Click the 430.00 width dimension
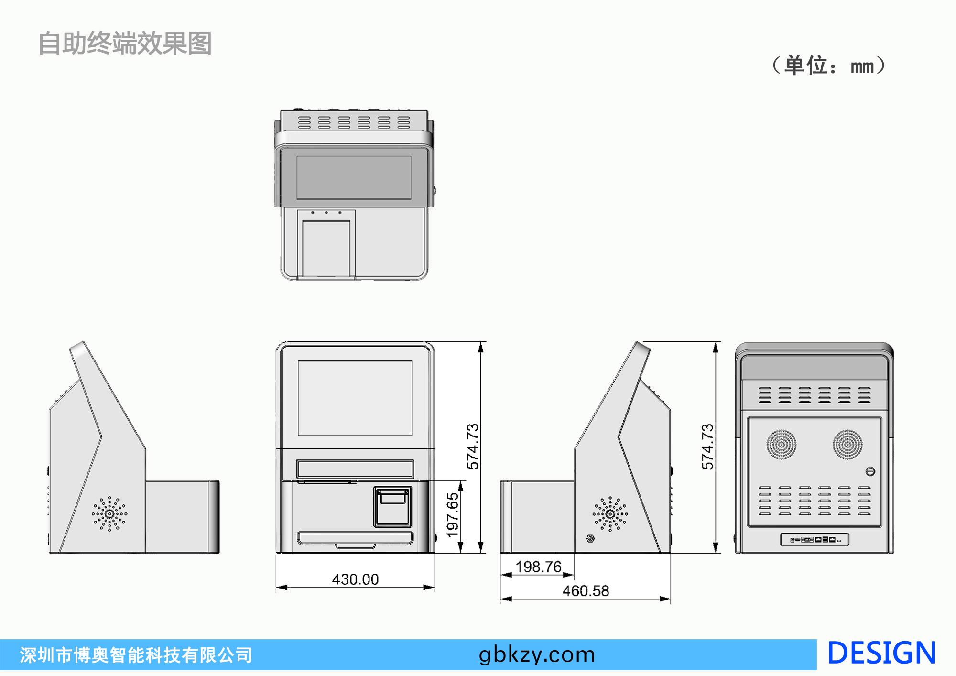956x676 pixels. click(355, 579)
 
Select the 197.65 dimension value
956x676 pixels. click(452, 515)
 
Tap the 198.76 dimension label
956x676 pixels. click(538, 567)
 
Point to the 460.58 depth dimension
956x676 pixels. click(586, 591)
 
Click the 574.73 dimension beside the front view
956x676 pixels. click(473, 446)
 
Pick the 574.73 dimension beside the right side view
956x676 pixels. click(707, 446)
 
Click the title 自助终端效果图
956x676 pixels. click(125, 44)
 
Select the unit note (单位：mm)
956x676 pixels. click(829, 65)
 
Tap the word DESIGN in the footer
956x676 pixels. click(881, 653)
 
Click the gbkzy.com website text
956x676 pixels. click(537, 654)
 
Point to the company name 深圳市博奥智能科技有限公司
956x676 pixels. click(136, 655)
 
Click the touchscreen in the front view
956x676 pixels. click(355, 398)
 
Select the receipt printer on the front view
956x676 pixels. click(392, 506)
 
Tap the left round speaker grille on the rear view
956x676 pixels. click(782, 445)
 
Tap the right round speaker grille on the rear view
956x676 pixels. click(847, 445)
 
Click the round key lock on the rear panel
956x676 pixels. click(870, 471)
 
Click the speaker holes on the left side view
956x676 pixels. click(109, 513)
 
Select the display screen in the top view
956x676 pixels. click(354, 177)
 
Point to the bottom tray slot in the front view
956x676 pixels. click(355, 539)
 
